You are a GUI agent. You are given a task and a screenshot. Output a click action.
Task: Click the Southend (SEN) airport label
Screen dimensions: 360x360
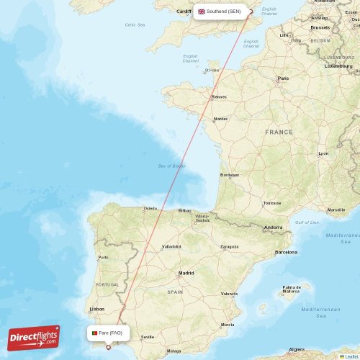pyautogui.click(x=220, y=12)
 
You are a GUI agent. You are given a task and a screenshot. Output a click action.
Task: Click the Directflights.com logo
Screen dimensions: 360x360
pyautogui.click(x=34, y=337)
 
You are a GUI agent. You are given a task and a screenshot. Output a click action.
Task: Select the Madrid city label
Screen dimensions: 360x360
pyautogui.click(x=186, y=273)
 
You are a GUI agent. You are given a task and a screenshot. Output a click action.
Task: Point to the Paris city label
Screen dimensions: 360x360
pyautogui.click(x=283, y=78)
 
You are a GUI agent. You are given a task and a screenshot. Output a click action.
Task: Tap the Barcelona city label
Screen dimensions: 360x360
pyautogui.click(x=286, y=252)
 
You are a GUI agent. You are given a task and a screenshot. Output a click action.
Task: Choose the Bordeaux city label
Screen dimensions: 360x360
pyautogui.click(x=229, y=174)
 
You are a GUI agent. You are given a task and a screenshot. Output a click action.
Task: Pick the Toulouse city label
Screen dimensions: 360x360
pyautogui.click(x=272, y=203)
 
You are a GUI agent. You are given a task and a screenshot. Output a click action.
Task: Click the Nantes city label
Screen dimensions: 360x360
pyautogui.click(x=220, y=119)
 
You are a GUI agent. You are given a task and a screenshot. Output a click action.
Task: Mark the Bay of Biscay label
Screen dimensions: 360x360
pyautogui.click(x=171, y=166)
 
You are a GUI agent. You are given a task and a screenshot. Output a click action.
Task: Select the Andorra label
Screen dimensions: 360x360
pyautogui.click(x=274, y=228)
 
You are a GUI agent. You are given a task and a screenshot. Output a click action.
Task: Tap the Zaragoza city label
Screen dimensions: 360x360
pyautogui.click(x=229, y=246)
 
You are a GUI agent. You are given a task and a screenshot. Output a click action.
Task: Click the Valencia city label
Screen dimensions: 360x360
pyautogui.click(x=229, y=294)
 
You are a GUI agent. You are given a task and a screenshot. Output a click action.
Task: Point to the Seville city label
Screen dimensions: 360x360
pyautogui.click(x=148, y=336)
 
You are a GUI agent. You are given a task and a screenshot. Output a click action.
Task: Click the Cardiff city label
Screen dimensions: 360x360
pyautogui.click(x=184, y=11)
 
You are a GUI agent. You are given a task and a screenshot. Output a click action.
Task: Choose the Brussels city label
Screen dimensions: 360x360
pyautogui.click(x=320, y=27)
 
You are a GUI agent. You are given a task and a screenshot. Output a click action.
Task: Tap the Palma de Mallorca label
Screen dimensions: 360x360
pyautogui.click(x=291, y=289)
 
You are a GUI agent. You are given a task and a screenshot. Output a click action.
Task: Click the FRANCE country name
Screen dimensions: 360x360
pyautogui.click(x=279, y=132)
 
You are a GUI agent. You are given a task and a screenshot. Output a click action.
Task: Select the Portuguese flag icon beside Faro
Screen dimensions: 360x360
pyautogui.click(x=94, y=333)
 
